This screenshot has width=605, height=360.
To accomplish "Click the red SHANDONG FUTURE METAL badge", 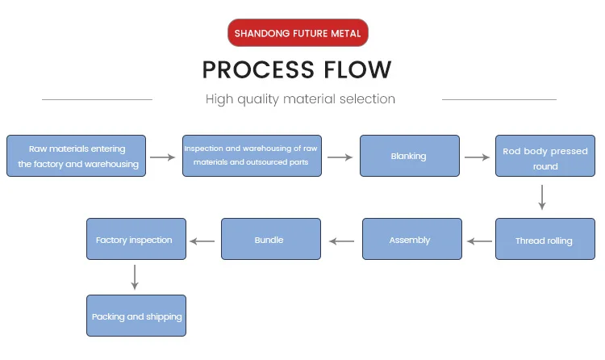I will [298, 34].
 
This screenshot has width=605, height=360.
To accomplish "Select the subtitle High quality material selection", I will [300, 99].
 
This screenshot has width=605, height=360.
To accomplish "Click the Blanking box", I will [408, 156].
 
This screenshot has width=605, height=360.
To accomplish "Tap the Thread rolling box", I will [544, 241].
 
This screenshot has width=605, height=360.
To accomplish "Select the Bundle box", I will [269, 240].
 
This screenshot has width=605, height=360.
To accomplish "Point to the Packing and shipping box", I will [136, 316].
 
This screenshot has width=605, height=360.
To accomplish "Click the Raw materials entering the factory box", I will [77, 156].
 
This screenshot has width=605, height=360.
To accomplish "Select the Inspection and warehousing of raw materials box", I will [252, 156].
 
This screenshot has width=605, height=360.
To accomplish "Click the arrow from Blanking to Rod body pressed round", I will [476, 157].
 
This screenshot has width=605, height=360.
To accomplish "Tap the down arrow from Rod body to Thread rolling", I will [542, 198].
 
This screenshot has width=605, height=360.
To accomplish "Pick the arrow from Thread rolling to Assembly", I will [481, 241].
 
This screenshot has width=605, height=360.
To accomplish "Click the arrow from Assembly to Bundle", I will [341, 241].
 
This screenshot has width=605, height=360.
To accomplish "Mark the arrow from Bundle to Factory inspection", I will [202, 241].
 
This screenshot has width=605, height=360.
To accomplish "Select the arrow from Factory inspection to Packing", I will [135, 277].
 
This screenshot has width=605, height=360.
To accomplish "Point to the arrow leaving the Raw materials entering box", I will [163, 157].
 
